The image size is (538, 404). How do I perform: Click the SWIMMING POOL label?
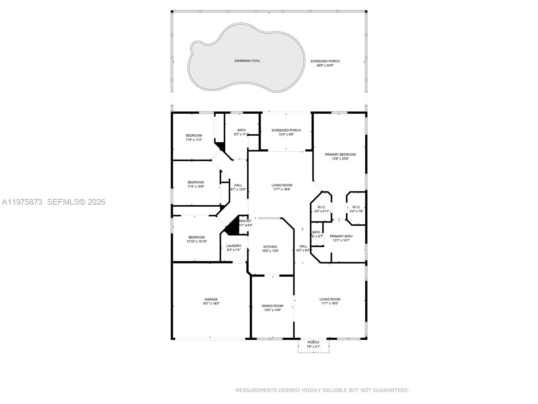coord(247,61)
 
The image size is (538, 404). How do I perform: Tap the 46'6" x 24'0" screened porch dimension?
coord(325,66)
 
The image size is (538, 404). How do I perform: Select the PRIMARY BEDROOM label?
coord(340,155)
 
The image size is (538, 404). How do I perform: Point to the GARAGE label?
coord(211,299)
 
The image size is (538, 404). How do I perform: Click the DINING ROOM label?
coord(272,306)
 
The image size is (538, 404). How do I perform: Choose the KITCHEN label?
coord(270,247)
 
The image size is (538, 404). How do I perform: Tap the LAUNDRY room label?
coord(234,246)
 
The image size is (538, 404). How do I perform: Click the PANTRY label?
coord(245,221)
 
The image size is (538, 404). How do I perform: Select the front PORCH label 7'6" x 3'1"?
coord(313,342)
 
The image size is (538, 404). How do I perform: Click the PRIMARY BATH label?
coord(341,236)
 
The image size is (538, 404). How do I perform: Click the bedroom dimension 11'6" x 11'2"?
coord(194,140)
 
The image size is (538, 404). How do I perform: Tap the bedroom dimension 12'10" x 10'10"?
coord(197,241)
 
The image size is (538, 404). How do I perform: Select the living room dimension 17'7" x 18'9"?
coord(282,189)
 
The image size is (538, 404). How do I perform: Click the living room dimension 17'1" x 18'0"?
coord(330,303)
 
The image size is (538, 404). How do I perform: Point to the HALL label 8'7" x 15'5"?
coord(238,185)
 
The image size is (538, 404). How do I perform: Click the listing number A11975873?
coord(22,202)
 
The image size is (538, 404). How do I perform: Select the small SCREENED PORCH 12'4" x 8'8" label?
coord(286,130)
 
